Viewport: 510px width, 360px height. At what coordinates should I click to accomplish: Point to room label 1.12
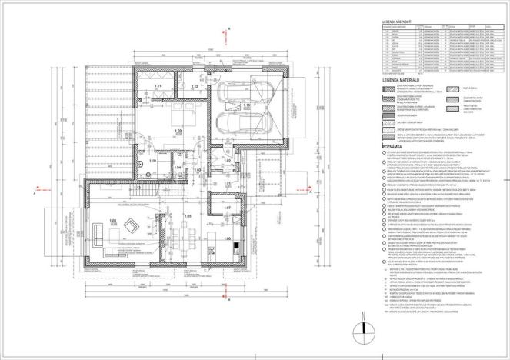(194, 87)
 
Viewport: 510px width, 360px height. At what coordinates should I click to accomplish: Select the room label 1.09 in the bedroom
(178, 132)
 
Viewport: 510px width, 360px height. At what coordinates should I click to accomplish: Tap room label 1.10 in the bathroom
(152, 162)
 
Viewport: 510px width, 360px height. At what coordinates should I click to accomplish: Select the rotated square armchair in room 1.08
(131, 226)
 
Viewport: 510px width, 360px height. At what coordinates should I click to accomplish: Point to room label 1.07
(227, 208)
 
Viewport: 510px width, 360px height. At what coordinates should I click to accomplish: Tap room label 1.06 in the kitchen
(227, 239)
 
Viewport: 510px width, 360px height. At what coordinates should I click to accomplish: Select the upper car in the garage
(233, 93)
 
